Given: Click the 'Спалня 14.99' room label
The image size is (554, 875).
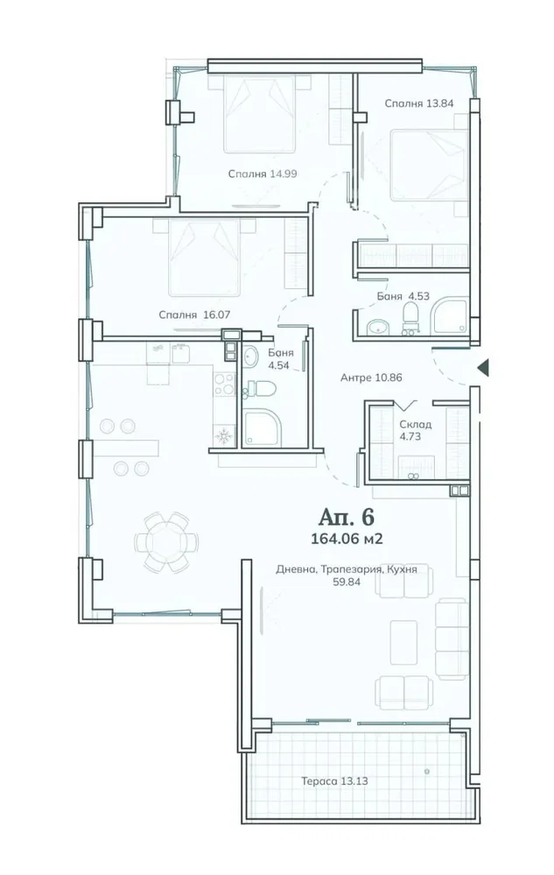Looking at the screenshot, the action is tap(262, 173).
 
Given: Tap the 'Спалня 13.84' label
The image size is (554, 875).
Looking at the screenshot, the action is tap(418, 103).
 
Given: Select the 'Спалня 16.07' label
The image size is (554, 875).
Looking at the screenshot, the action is tap(194, 314).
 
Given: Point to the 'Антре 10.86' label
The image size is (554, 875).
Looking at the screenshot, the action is tap(371, 378).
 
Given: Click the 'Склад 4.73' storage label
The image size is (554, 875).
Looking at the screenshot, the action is tap(415, 430).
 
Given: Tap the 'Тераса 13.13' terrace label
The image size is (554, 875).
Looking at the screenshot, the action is tap(334, 781).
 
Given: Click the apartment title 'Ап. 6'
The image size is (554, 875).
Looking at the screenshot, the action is tap(346, 518).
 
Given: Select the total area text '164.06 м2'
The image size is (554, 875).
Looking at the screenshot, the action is tap(346, 539).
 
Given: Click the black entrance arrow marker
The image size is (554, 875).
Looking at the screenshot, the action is tap(483, 367).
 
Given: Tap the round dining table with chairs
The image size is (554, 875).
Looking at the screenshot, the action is tap(166, 542).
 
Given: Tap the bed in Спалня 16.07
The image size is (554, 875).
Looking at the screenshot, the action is tap(204, 258).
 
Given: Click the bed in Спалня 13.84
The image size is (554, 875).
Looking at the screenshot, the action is tap(428, 166).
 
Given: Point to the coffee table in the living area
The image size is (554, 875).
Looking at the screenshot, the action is tap(403, 642).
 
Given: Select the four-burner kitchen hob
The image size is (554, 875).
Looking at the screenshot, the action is tap(225, 384).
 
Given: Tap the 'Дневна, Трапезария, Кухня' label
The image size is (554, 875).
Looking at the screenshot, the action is tap(346, 569).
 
